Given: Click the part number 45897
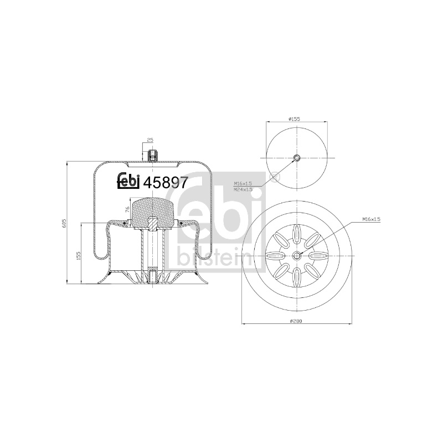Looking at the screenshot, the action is point(165,183).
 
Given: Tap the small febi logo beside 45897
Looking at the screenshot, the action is point(129,181).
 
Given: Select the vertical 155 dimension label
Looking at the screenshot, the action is point(79,255).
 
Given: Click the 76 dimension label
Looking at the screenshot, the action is point(127,209).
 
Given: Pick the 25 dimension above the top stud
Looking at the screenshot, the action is point(150,140).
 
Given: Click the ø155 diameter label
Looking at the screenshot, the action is point(294,119).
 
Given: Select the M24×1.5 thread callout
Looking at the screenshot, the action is point(243,189).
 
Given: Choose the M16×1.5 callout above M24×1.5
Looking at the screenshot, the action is point(243,184).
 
